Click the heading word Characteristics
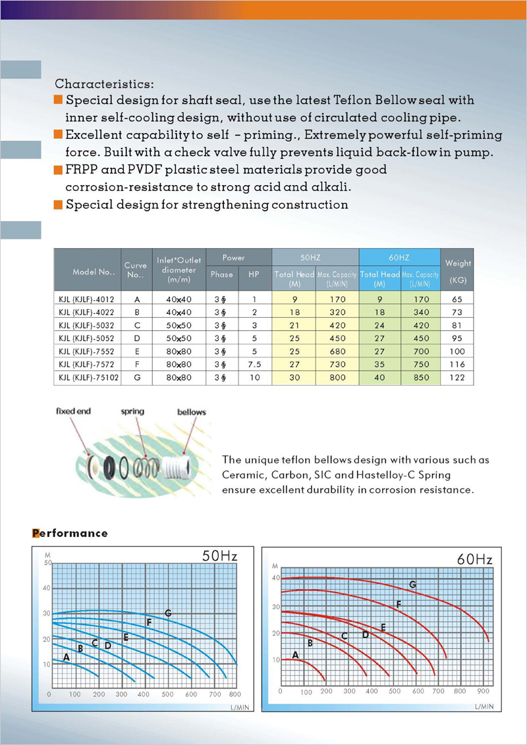pyautogui.click(x=104, y=84)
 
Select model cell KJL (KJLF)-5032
pyautogui.click(x=86, y=324)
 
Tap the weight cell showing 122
pyautogui.click(x=458, y=378)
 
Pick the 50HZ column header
pyautogui.click(x=315, y=258)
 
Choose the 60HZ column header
pyautogui.click(x=399, y=258)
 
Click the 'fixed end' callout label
pyautogui.click(x=74, y=411)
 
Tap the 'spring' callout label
pyautogui.click(x=132, y=411)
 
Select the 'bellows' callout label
pyautogui.click(x=191, y=412)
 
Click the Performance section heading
pyautogui.click(x=70, y=533)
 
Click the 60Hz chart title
pyautogui.click(x=474, y=560)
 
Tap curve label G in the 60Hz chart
pyautogui.click(x=412, y=584)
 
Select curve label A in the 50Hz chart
pyautogui.click(x=66, y=657)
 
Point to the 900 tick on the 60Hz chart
pyautogui.click(x=483, y=692)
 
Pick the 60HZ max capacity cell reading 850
pyautogui.click(x=420, y=378)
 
